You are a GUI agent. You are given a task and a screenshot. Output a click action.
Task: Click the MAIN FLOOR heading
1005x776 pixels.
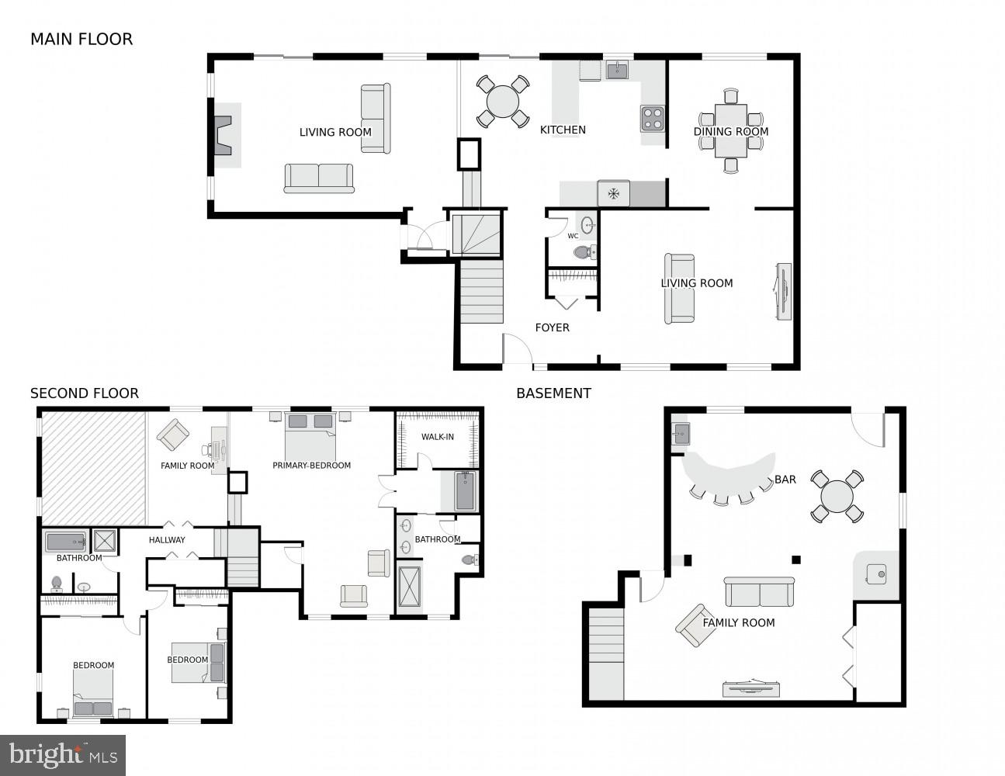coord(81,40)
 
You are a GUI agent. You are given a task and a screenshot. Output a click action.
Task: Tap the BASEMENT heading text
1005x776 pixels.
coord(553,393)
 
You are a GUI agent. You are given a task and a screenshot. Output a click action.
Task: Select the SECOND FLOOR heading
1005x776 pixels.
coord(85,393)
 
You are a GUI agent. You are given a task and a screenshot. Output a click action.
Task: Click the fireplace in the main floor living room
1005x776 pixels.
coord(223,136)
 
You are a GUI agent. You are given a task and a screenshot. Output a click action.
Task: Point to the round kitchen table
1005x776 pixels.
coord(503,102)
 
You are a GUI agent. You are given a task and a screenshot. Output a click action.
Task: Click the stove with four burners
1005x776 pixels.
coord(652,119)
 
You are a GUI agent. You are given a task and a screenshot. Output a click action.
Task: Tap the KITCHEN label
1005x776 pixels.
coord(563,130)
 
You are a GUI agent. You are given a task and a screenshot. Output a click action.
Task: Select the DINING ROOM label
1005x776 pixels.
coord(730,132)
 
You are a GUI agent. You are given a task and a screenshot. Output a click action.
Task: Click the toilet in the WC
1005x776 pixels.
coord(583,252)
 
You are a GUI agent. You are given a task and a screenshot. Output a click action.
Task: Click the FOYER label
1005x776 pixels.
coord(552,328)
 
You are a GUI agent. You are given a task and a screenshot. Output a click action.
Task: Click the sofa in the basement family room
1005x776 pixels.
coord(759,593)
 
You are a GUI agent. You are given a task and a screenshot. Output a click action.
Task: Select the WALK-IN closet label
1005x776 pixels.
coord(438,437)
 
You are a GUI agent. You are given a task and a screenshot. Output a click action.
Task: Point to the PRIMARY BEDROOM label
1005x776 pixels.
coord(311,466)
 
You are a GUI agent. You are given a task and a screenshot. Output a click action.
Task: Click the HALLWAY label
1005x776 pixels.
coord(167,540)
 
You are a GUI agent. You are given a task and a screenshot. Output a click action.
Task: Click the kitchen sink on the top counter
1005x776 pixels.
coord(617,71)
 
